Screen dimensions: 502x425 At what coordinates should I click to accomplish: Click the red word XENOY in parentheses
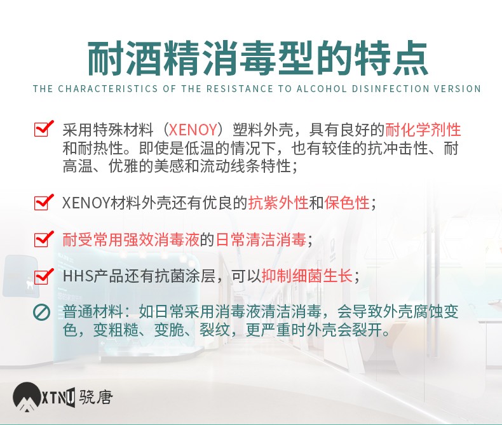[193, 130]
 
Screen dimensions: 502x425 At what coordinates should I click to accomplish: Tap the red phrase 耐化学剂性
[423, 130]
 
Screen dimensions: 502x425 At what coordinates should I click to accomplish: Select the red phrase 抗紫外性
[278, 203]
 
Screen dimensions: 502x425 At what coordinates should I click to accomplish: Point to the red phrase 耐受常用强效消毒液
[131, 239]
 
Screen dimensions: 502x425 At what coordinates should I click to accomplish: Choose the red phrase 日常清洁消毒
[261, 239]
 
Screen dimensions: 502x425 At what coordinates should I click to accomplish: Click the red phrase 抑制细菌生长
[307, 276]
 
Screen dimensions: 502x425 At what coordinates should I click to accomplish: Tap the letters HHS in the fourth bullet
[78, 276]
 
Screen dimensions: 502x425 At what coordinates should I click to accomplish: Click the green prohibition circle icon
[41, 313]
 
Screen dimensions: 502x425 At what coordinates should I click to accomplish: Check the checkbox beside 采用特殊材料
[43, 129]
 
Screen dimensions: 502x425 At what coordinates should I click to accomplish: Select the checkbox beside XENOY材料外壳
[43, 202]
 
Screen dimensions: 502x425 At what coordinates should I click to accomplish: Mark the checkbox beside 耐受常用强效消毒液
[43, 239]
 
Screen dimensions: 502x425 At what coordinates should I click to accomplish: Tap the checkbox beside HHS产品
[43, 276]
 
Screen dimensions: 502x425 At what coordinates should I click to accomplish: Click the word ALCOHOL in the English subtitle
[322, 89]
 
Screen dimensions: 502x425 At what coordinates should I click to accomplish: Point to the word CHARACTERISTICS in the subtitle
[108, 89]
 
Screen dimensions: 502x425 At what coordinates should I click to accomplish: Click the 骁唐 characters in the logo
[96, 398]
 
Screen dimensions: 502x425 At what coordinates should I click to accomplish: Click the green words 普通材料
[93, 312]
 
